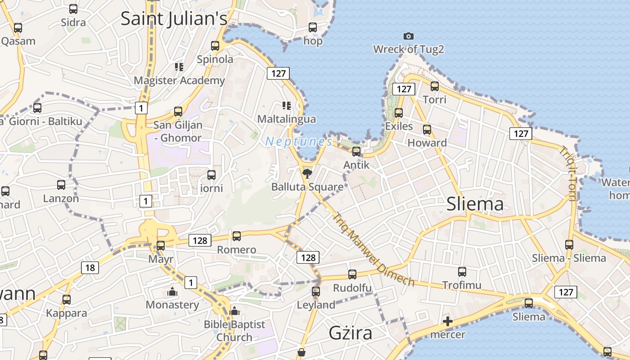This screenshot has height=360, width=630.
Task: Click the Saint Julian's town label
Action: click(174, 18)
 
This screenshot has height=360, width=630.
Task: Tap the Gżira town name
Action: click(351, 333)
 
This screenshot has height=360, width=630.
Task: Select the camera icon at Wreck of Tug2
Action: click(408, 36)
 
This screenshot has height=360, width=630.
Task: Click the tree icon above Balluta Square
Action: click(307, 173)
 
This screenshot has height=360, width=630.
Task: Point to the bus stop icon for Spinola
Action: click(215, 45)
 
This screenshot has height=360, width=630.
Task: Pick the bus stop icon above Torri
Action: click(434, 86)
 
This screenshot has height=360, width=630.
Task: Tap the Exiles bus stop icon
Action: click(399, 112)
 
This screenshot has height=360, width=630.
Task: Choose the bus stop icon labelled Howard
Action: click(427, 130)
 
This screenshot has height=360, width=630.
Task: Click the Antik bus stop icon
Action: click(356, 151)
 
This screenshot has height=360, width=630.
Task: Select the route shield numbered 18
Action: click(90, 268)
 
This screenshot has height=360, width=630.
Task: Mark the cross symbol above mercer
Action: click(447, 321)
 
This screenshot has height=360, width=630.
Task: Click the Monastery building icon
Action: click(172, 292)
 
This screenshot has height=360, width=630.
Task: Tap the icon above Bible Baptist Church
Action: click(234, 311)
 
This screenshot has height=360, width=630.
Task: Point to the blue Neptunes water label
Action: click(299, 142)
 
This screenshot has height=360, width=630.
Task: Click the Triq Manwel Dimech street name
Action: click(373, 249)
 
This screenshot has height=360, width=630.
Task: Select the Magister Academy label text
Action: click(180, 81)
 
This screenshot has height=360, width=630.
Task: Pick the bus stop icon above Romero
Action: click(236, 236)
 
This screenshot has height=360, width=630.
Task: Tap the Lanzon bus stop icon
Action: click(61, 184)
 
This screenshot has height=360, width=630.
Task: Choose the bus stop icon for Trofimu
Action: click(462, 271)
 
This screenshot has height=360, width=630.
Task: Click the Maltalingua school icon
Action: click(286, 106)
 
